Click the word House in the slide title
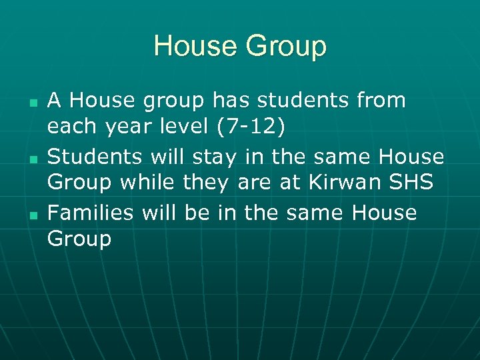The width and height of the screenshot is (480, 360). click(x=195, y=47)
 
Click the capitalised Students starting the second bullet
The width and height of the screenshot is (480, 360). click(x=95, y=157)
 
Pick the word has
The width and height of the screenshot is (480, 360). click(x=231, y=101)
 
